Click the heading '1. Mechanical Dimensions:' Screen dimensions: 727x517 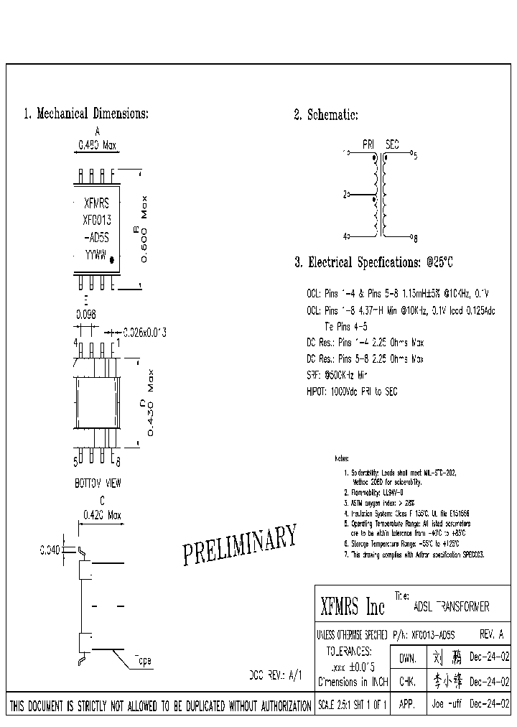tap(86, 114)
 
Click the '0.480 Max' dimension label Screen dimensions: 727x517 tap(97, 145)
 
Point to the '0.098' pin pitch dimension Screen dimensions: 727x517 tap(86, 314)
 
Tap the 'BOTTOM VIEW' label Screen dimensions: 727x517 tap(98, 484)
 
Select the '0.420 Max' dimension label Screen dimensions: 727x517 tap(102, 515)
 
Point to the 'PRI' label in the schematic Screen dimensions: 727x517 tap(368, 144)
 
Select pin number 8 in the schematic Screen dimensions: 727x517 tap(416, 236)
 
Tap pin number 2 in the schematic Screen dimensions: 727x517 tap(345, 194)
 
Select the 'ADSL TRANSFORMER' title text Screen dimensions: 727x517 tap(452, 607)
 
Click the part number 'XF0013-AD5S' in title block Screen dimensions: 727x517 tap(434, 635)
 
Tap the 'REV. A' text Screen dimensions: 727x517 tap(491, 635)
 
